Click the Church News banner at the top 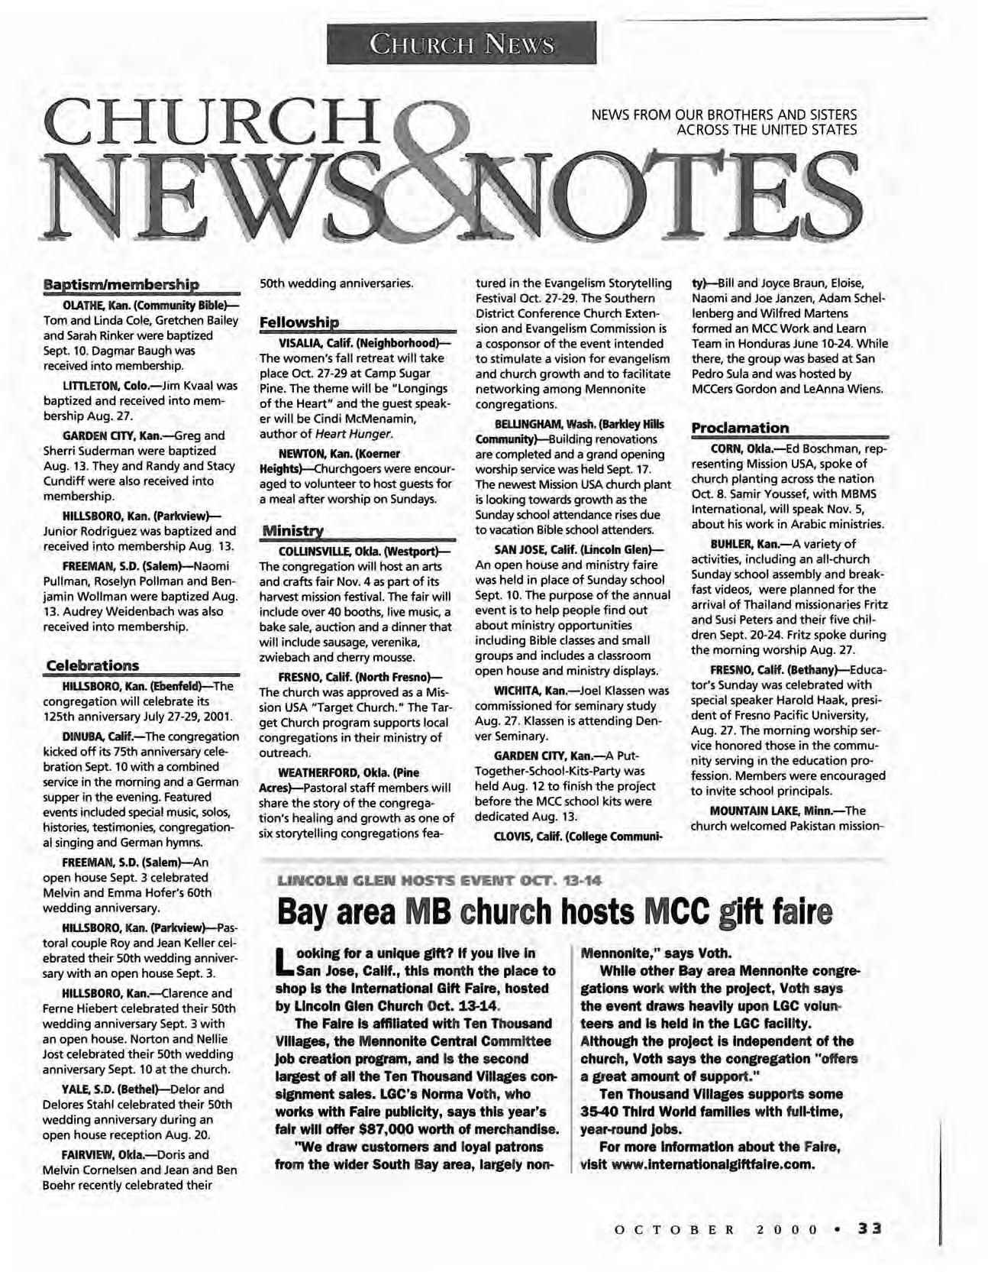click(461, 44)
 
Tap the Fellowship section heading click(299, 322)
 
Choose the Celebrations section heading click(93, 665)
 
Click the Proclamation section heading click(739, 427)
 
